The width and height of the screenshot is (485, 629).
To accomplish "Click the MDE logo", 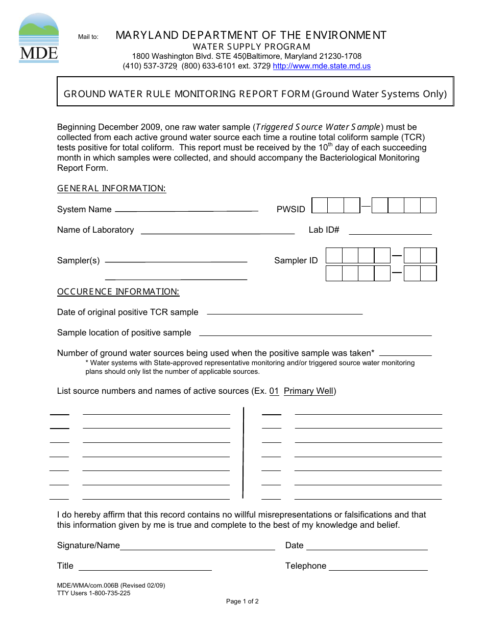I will pyautogui.click(x=39, y=38).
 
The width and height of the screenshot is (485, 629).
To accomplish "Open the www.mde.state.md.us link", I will pyautogui.click(x=322, y=66).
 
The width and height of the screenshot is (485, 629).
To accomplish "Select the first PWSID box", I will pyautogui.click(x=320, y=206).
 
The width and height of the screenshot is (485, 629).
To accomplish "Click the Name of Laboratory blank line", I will pyautogui.click(x=217, y=233).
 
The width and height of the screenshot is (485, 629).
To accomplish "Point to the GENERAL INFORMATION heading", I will pyautogui.click(x=111, y=189).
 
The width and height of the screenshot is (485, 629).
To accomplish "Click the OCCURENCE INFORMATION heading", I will pyautogui.click(x=118, y=292).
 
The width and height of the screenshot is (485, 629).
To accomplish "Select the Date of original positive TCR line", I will pyautogui.click(x=284, y=312).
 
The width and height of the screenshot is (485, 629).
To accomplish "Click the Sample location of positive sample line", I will pyautogui.click(x=315, y=334).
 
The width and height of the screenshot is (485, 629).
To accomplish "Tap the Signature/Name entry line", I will pyautogui.click(x=197, y=548).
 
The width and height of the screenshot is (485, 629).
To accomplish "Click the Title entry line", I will pyautogui.click(x=145, y=569).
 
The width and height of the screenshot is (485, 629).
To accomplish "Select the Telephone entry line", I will pyautogui.click(x=378, y=569).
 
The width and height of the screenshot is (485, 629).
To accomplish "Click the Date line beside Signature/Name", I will pyautogui.click(x=367, y=548).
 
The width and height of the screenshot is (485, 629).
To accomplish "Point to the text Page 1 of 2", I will pyautogui.click(x=243, y=601).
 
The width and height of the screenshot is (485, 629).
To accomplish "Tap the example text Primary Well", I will pyautogui.click(x=308, y=391).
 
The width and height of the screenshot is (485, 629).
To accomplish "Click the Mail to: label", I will pyautogui.click(x=88, y=37).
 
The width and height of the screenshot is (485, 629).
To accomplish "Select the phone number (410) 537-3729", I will pyautogui.click(x=150, y=66).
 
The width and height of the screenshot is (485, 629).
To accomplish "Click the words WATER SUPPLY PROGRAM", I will pyautogui.click(x=251, y=47).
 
